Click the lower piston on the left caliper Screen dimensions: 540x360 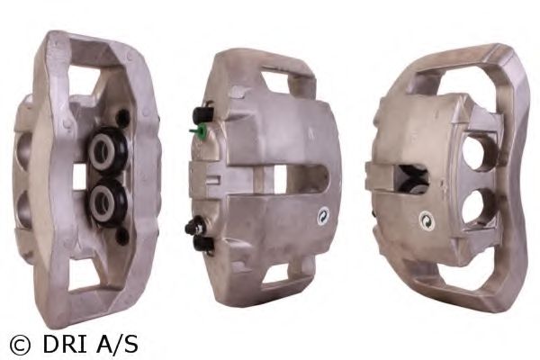(106, 202)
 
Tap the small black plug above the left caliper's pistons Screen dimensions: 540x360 (121, 117)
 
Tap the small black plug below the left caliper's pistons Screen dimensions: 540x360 (121, 237)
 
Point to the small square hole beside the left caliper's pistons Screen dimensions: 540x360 (79, 176)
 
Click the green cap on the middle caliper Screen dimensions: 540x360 (199, 130)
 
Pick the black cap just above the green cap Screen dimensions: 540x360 (202, 114)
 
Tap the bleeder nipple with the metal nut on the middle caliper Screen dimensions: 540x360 (195, 228)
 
